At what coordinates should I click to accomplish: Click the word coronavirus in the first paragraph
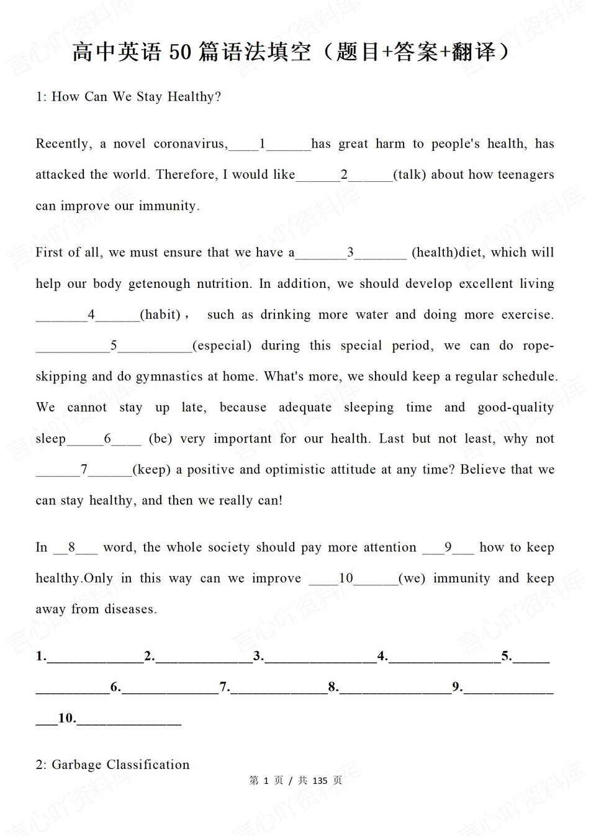point(190,144)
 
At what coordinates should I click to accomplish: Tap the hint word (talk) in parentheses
point(409,175)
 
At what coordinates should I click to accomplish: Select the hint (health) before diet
point(435,253)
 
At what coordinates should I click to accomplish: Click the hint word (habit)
point(160,315)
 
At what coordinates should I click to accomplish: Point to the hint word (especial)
point(222,346)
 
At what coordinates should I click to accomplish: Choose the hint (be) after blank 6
point(160,439)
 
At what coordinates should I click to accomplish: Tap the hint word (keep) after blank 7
point(151,470)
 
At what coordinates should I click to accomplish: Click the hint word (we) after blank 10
point(412,578)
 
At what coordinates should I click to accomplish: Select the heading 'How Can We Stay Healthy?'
point(136,97)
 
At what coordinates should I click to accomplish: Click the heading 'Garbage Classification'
point(120,765)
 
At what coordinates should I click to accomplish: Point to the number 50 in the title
point(180,53)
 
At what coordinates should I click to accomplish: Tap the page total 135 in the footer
point(320,781)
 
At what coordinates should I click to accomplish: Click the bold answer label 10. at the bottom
point(67,719)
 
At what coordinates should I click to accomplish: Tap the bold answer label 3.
point(258,656)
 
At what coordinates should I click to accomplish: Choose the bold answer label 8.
point(333,687)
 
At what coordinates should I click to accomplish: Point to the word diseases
point(130,609)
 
